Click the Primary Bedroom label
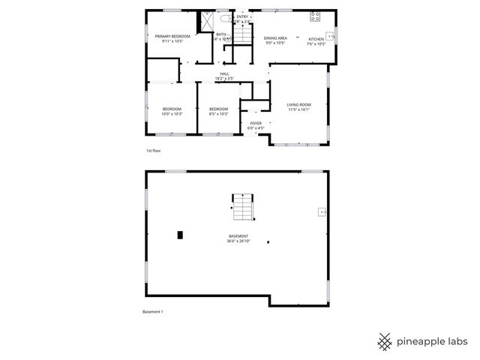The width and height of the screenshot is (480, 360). (x=172, y=36)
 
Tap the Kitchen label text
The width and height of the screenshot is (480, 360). (x=316, y=38)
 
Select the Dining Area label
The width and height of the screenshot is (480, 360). (x=275, y=38)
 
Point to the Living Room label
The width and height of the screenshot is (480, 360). (x=298, y=104)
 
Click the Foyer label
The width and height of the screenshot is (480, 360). (x=256, y=123)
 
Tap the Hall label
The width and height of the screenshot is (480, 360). (x=224, y=73)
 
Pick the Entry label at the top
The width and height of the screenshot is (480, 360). (x=242, y=16)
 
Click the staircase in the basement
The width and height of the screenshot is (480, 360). (x=241, y=207)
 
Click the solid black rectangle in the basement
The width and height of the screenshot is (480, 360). (x=179, y=235)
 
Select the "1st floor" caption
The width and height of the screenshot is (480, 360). (x=153, y=151)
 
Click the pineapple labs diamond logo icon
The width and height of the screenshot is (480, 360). (x=384, y=341)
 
